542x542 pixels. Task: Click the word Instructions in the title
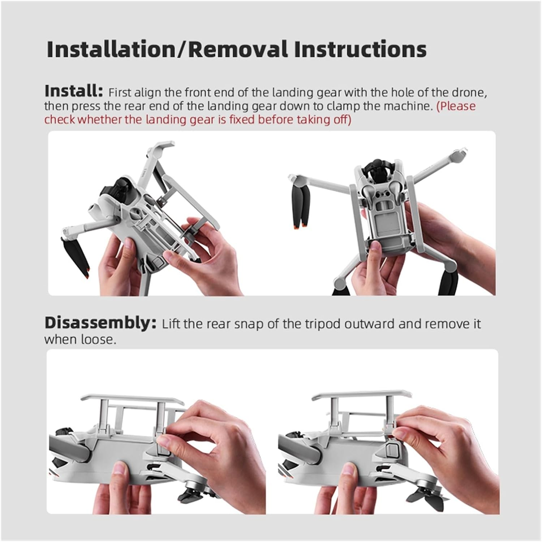pos(360,49)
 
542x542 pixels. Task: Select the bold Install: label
pos(74,91)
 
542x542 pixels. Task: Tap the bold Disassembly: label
pos(100,323)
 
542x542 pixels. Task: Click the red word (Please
pos(456,106)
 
